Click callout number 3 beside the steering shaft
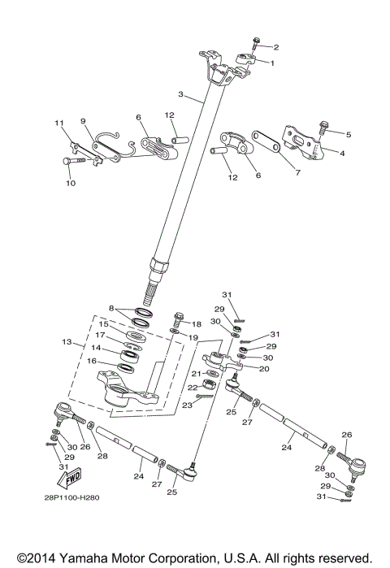click(x=182, y=95)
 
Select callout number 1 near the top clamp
click(x=272, y=63)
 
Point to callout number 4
click(x=341, y=152)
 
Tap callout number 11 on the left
click(x=58, y=123)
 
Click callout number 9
click(x=83, y=121)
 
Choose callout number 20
click(x=263, y=368)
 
